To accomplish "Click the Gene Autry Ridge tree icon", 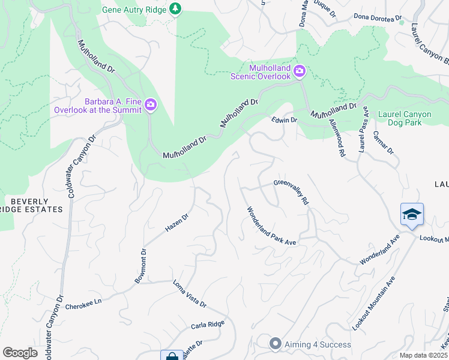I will [x=175, y=9].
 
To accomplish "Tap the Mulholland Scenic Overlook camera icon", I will [x=299, y=72].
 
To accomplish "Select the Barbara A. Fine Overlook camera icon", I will [x=151, y=106].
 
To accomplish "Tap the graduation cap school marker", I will [x=412, y=215].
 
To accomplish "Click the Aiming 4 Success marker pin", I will [x=276, y=344].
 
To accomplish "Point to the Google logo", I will [x=20, y=353].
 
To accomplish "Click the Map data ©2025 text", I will [x=423, y=355].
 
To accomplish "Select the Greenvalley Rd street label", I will [x=291, y=193].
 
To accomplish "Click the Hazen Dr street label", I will [x=177, y=223].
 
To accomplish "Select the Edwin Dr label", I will [x=285, y=120].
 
